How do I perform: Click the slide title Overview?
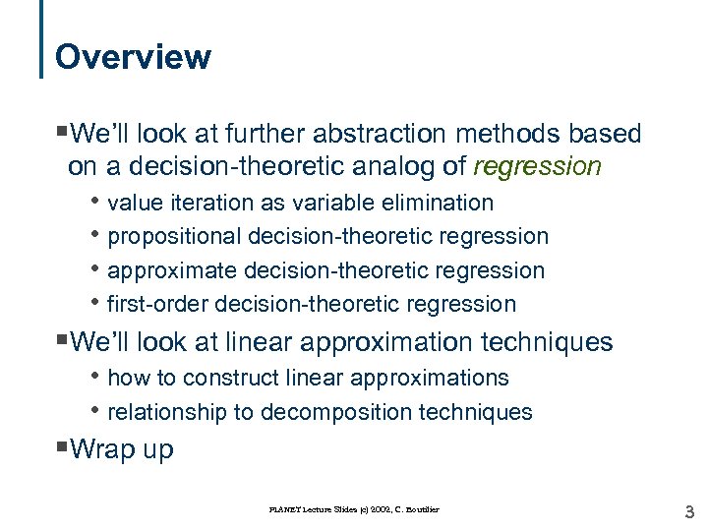pos(133,57)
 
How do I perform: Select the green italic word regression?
pos(537,166)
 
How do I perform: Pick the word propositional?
pos(175,236)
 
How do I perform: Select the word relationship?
pos(166,412)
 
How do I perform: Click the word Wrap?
pos(102,449)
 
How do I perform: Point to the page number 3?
pos(688,510)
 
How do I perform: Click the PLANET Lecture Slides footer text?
pos(355,509)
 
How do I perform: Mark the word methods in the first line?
pos(532,134)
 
